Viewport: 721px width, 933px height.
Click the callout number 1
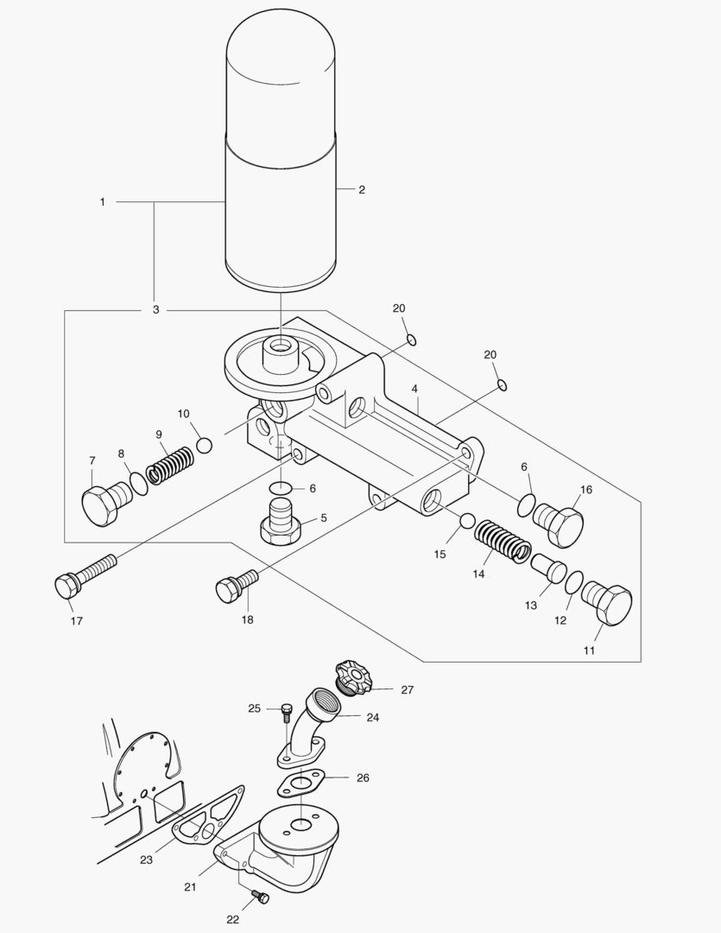point(102,202)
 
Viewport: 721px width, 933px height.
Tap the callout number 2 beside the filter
point(362,189)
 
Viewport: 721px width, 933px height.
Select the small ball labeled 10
point(205,445)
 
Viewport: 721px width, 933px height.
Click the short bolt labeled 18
point(234,586)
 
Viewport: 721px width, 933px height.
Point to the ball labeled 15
point(466,520)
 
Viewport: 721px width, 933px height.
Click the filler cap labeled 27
point(354,675)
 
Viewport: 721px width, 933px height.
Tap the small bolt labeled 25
point(287,711)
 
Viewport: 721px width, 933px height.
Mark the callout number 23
point(146,860)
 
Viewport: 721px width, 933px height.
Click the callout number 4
point(415,389)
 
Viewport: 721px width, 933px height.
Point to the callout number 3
point(155,309)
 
